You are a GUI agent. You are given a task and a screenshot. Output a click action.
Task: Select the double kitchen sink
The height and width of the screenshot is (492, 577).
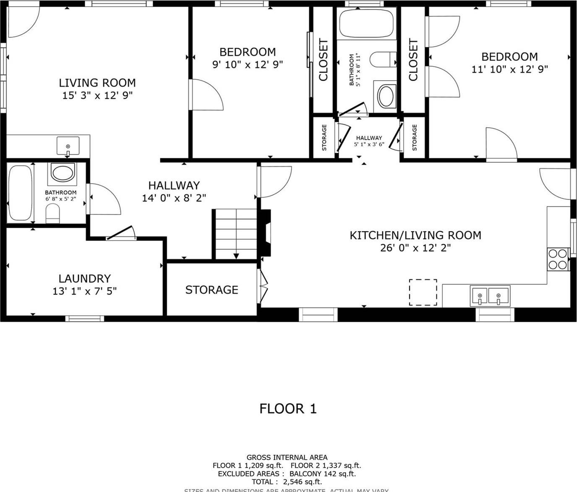(x=490, y=296)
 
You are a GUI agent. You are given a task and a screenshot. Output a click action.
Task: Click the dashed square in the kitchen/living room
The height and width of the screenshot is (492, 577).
(x=423, y=292)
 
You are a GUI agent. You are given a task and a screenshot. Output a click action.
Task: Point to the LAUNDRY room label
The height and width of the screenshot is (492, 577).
(x=84, y=279)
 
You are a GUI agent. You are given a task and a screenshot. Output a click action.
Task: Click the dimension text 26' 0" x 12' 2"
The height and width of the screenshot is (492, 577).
(x=415, y=248)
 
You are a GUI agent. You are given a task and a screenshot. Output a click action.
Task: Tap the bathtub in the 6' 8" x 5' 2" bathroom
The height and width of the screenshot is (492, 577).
(x=20, y=193)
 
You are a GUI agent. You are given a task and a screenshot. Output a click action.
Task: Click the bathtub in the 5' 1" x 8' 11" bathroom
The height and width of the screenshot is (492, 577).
(x=366, y=24)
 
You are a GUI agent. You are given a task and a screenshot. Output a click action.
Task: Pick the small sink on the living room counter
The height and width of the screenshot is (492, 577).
(x=68, y=146)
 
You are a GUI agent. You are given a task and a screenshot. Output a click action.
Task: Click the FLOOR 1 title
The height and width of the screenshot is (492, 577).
(x=288, y=408)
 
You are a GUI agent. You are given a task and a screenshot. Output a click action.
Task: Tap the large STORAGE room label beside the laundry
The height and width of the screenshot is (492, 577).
(x=211, y=290)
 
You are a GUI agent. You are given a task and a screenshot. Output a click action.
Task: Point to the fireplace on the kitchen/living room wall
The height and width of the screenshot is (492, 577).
(x=266, y=233)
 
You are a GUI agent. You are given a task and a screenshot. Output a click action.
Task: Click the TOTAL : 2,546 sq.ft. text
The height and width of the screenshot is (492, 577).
(x=287, y=482)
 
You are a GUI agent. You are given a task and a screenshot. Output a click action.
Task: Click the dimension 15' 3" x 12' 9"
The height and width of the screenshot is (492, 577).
(x=97, y=95)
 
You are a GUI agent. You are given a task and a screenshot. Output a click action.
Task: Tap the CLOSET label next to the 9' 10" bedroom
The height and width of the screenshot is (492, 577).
(x=323, y=60)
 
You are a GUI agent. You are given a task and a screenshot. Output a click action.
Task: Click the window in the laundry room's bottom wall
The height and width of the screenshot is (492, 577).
(x=85, y=318)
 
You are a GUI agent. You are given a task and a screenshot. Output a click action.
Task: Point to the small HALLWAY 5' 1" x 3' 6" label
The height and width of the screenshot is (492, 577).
(x=369, y=141)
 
